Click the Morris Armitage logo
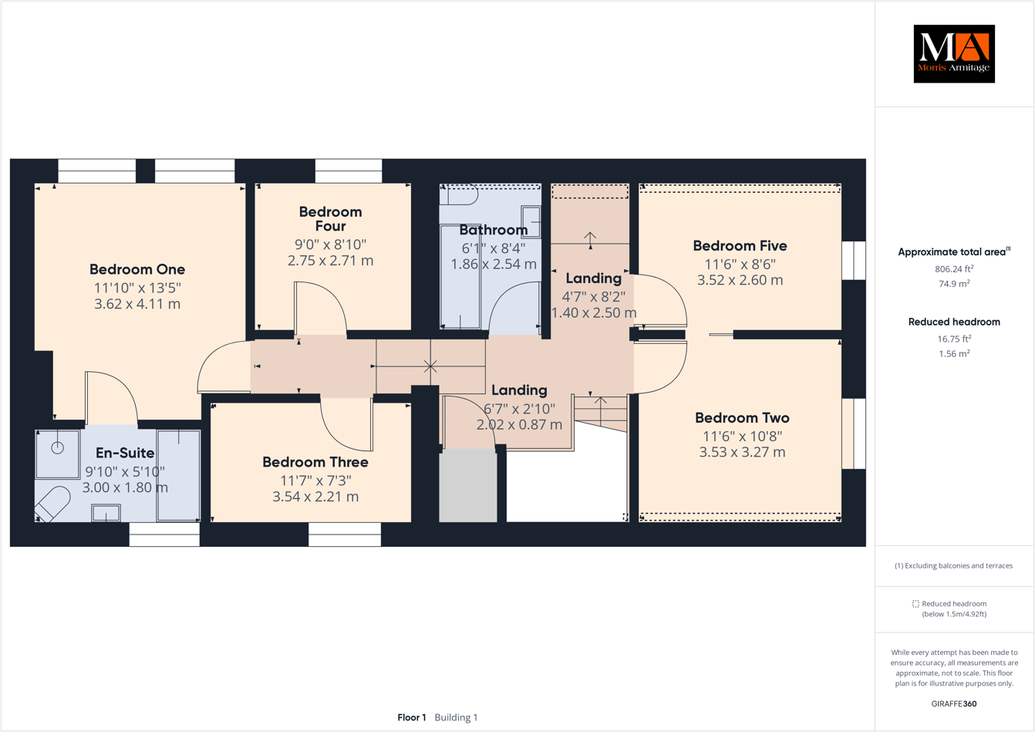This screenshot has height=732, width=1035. click(954, 53)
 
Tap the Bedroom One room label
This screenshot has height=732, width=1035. click(137, 269)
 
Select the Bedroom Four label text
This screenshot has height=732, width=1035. click(330, 218)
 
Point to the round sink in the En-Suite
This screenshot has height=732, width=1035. click(57, 448)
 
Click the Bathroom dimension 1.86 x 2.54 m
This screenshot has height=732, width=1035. click(494, 264)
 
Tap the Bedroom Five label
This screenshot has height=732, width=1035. click(740, 246)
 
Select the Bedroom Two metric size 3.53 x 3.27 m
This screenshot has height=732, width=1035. click(742, 452)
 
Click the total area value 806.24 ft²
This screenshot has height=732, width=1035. click(954, 269)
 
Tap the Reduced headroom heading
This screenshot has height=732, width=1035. click(954, 322)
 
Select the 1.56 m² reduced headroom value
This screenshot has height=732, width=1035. click(954, 354)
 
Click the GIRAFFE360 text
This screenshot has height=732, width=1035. click(954, 703)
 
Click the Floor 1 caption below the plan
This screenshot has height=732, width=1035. click(412, 717)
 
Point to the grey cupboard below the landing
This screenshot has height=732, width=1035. click(468, 486)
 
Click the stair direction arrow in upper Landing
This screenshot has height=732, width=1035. click(590, 239)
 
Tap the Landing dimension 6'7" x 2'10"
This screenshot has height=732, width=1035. click(519, 408)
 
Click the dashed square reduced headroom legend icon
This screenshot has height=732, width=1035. click(915, 604)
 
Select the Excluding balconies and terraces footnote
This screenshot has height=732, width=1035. click(954, 565)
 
